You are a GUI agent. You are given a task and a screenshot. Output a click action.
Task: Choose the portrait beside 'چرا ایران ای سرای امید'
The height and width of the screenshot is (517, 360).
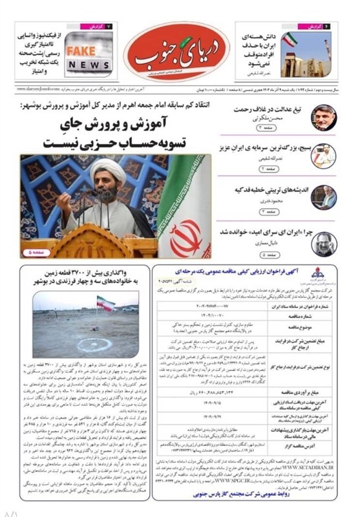(323, 244)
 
